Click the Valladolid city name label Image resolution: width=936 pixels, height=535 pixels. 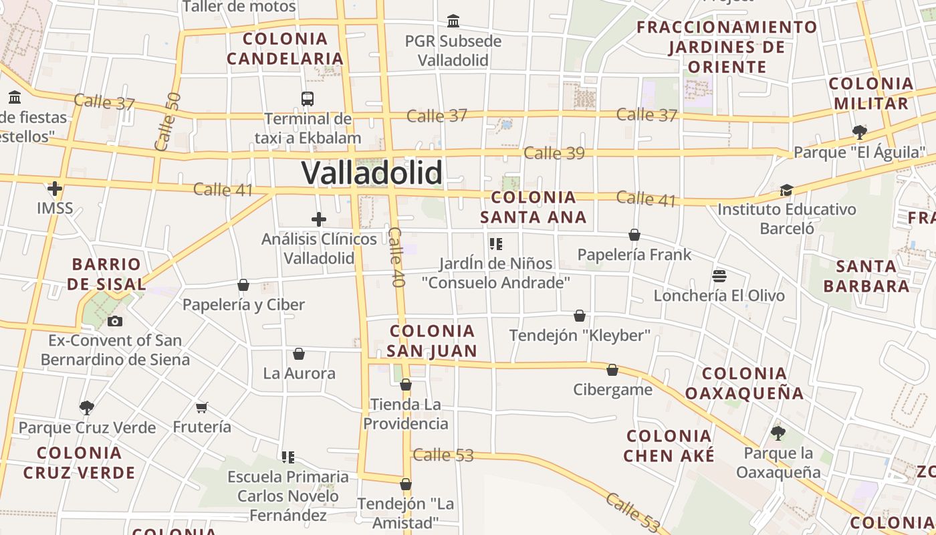372,173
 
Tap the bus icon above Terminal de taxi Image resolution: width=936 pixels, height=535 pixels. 308,99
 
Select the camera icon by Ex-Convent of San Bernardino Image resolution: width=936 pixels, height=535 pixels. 115,321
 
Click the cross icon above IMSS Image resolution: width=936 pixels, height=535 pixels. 55,189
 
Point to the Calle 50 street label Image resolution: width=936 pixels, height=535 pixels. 167,121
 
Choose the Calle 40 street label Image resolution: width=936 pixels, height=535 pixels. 396,257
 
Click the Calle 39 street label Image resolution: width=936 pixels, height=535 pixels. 554,153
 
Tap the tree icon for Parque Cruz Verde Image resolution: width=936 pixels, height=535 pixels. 86,407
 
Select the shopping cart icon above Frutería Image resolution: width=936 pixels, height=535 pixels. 202,407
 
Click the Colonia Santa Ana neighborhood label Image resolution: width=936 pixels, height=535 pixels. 533,207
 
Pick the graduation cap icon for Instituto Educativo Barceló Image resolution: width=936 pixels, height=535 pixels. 786,191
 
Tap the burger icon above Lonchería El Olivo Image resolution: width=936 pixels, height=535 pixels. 719,276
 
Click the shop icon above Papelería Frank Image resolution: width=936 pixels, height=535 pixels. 634,235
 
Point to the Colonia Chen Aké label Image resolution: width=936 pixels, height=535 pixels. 669,446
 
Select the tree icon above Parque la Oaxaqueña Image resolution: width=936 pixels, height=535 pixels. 778,433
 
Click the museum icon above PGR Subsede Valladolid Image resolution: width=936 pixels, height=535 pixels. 453,21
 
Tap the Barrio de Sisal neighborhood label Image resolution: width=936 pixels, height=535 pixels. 106,274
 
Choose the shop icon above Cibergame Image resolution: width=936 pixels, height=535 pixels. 612,370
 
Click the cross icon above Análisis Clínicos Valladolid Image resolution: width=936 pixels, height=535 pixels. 319,219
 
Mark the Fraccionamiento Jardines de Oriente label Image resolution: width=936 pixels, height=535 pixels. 727,47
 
